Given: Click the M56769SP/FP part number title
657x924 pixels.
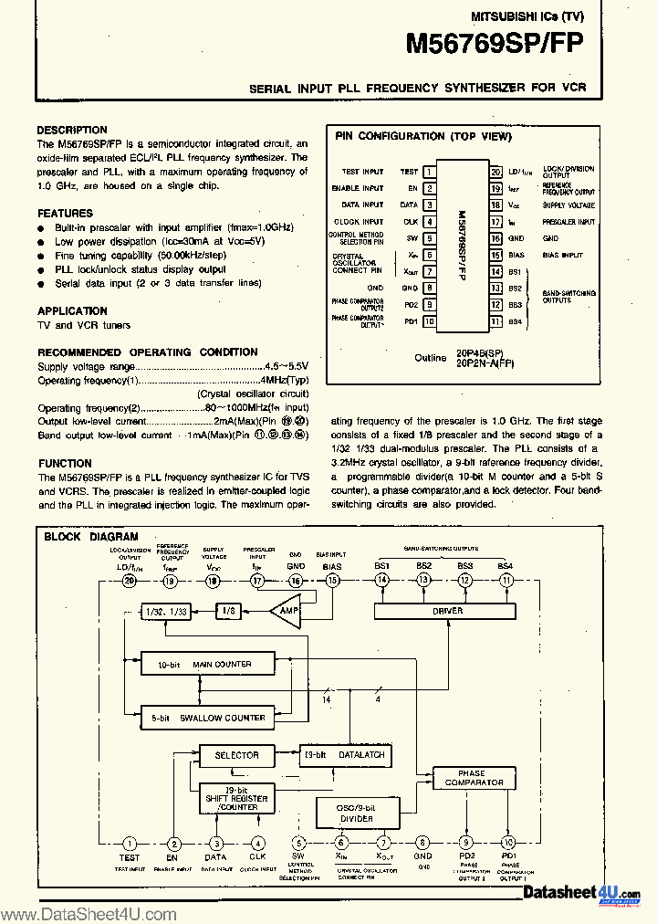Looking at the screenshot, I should [494, 45].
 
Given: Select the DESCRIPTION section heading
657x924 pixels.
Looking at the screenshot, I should [72, 131].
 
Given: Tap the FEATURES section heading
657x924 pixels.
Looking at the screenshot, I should [65, 213].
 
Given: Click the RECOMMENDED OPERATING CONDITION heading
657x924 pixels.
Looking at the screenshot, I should [147, 352].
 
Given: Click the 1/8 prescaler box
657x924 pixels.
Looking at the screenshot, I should [228, 610].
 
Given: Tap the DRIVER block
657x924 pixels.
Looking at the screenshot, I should [447, 611].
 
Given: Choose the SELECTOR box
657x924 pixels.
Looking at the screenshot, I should [236, 755].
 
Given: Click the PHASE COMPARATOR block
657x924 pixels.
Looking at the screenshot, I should [474, 778].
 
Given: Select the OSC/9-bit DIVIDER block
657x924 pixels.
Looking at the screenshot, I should [358, 813].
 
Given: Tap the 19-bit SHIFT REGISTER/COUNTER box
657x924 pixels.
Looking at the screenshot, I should [236, 799].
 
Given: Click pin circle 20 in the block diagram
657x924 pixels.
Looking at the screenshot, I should [130, 580].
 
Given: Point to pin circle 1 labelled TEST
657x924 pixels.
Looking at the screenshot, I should [130, 844].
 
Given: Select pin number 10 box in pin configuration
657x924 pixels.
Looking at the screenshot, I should [429, 321].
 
